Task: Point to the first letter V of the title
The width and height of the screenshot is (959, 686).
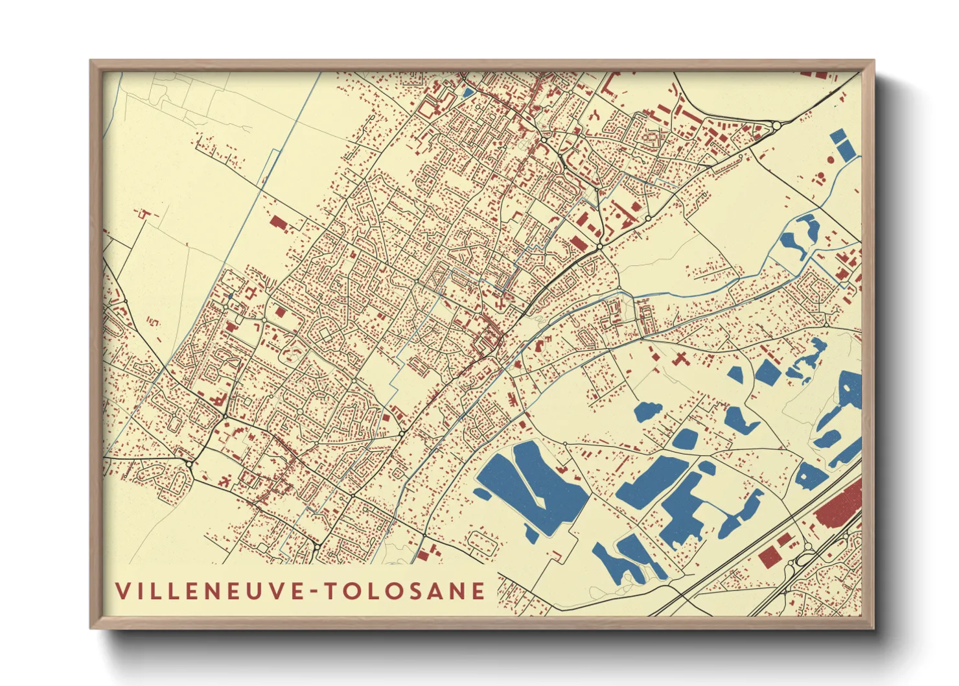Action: point(122,591)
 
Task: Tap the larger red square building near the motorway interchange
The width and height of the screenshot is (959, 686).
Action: point(769,556)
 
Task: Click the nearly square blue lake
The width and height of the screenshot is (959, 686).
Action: point(767,373)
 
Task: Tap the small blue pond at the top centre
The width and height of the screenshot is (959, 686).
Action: point(467,93)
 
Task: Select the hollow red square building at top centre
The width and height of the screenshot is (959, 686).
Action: point(428,108)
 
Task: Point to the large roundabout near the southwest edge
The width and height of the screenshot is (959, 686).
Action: point(189,464)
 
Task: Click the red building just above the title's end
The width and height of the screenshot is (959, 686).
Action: point(425,554)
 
